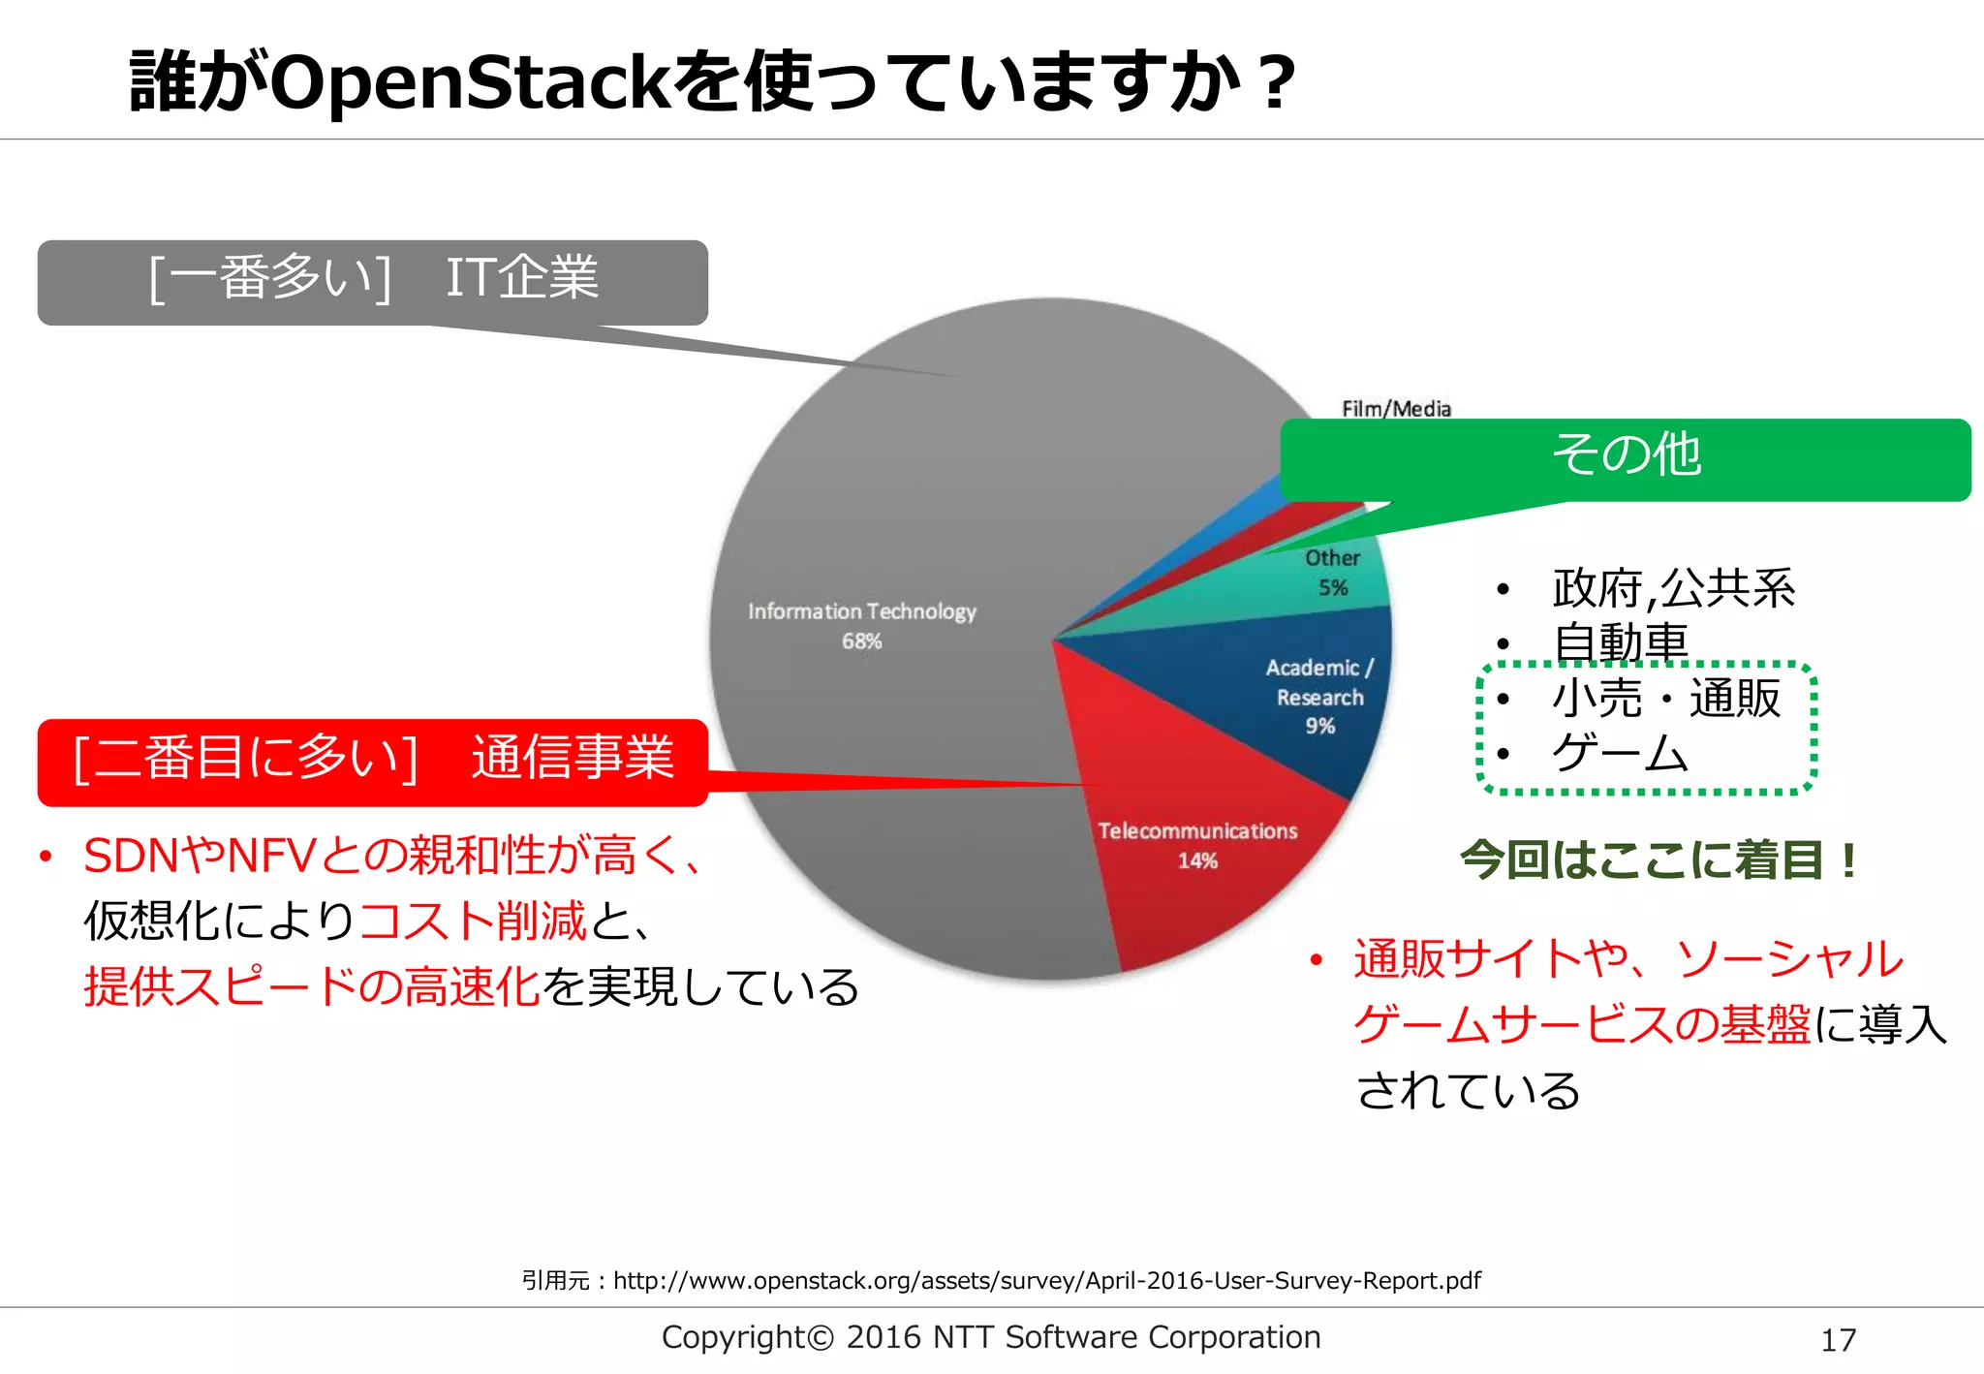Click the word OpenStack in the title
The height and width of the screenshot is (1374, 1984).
tap(470, 82)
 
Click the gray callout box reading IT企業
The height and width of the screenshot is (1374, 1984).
tap(373, 281)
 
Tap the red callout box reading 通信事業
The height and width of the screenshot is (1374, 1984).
tap(373, 761)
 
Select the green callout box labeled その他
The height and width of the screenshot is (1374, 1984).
tap(1626, 457)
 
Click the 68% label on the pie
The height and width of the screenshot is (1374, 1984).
tap(861, 641)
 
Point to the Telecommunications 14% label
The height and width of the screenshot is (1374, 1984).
tap(1197, 845)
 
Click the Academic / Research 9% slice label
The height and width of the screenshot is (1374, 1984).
tap(1319, 696)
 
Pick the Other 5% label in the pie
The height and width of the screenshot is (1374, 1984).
tap(1332, 572)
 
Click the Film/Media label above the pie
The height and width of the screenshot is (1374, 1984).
tap(1396, 409)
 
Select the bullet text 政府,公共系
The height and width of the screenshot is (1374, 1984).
tap(1673, 588)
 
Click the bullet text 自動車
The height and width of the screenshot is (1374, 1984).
tap(1620, 642)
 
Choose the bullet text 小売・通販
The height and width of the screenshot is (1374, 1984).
tap(1666, 699)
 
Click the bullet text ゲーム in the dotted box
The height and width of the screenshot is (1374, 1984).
tap(1620, 754)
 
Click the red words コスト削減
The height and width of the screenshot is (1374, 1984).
tap(473, 921)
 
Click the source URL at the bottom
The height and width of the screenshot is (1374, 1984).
tap(1046, 1281)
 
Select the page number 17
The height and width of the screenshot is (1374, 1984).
tap(1838, 1340)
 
